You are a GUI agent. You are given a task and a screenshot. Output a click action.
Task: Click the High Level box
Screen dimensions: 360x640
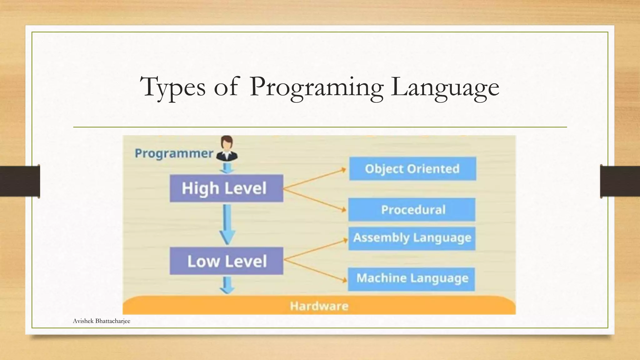click(x=226, y=188)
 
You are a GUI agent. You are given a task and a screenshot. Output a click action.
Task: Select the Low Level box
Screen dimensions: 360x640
click(x=226, y=261)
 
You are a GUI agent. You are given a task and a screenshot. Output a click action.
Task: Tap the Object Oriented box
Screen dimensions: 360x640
click(x=412, y=169)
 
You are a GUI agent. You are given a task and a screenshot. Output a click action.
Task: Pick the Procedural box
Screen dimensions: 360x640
click(x=412, y=210)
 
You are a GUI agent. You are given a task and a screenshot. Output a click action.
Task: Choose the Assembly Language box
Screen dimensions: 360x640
click(x=412, y=238)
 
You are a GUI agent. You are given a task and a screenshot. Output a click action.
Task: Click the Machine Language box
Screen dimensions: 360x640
click(x=412, y=279)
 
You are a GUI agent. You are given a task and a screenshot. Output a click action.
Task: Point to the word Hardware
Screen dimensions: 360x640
click(x=319, y=306)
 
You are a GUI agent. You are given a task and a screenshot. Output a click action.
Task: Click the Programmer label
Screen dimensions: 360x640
click(x=174, y=154)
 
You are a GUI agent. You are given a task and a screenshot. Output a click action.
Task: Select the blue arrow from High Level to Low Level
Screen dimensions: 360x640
click(x=227, y=225)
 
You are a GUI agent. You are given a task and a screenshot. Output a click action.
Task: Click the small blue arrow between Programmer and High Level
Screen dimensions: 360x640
click(x=227, y=169)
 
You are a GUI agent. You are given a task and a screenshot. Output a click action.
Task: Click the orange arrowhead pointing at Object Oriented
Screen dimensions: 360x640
click(x=344, y=170)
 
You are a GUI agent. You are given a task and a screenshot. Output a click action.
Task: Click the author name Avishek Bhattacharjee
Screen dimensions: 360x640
click(x=102, y=321)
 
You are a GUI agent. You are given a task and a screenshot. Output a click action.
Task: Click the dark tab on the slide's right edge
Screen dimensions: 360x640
click(x=620, y=181)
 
